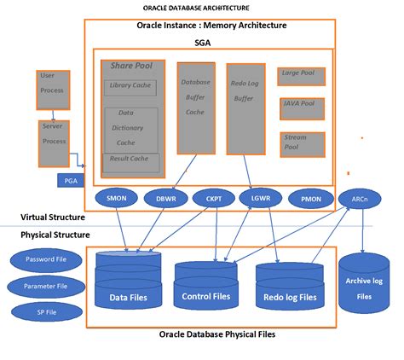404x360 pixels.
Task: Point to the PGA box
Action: point(70,180)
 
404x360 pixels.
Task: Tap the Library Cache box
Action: point(130,87)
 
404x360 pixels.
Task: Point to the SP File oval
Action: point(40,313)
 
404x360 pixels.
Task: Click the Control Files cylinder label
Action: point(206,297)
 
